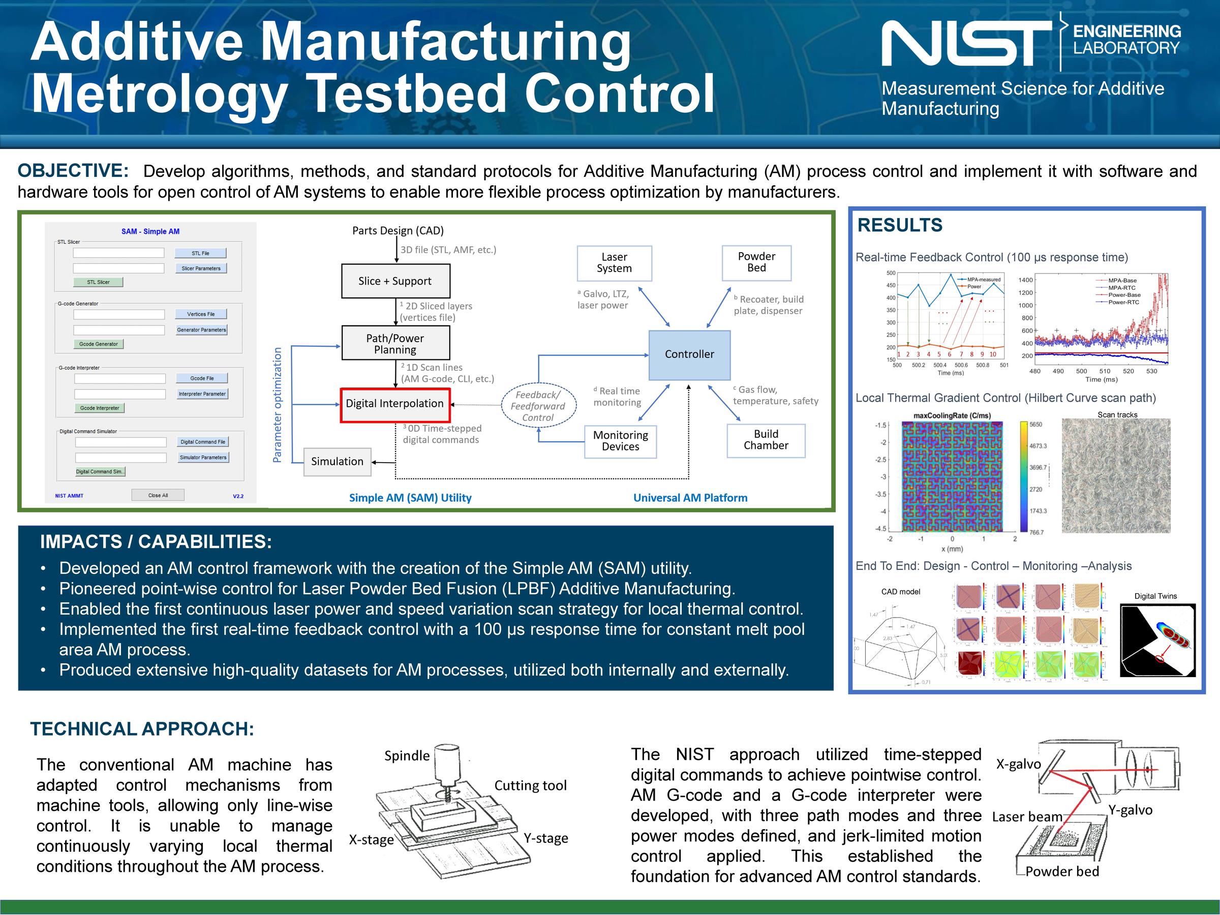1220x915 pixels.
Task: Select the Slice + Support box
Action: (x=395, y=281)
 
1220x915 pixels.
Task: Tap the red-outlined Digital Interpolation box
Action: (x=395, y=404)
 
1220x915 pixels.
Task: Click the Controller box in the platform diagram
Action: (x=689, y=355)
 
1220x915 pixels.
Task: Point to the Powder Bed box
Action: (x=756, y=262)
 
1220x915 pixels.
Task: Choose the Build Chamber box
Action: (x=766, y=440)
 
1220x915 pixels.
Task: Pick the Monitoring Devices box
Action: (x=620, y=441)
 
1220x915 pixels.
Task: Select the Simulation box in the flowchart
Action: (x=337, y=462)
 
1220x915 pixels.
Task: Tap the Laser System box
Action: (x=614, y=263)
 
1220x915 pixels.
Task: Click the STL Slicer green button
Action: (x=98, y=282)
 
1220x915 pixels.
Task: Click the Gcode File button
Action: (x=202, y=378)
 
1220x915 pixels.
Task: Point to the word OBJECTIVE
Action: (x=73, y=171)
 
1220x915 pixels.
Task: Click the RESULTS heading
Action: (x=900, y=225)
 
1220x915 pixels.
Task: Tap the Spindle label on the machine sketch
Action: (x=407, y=755)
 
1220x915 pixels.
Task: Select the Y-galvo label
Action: (x=1130, y=810)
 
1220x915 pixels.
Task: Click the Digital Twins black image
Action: (x=1157, y=640)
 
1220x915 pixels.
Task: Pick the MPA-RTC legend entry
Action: (x=1121, y=288)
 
